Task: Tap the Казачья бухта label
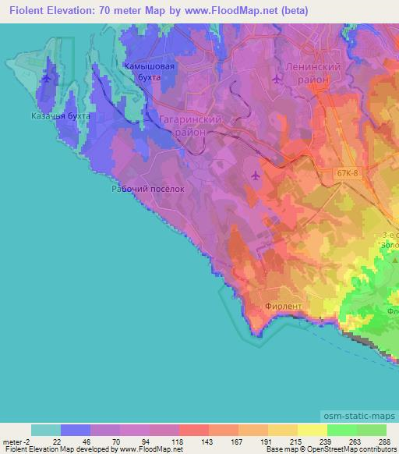(x=62, y=115)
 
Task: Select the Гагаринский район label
(x=189, y=126)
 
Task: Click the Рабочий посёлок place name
(x=147, y=189)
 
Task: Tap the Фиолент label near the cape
(x=283, y=306)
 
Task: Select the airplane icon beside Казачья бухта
(x=48, y=78)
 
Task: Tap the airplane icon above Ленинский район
(x=277, y=78)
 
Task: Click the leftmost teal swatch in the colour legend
(x=45, y=429)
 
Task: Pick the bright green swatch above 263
(x=341, y=429)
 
